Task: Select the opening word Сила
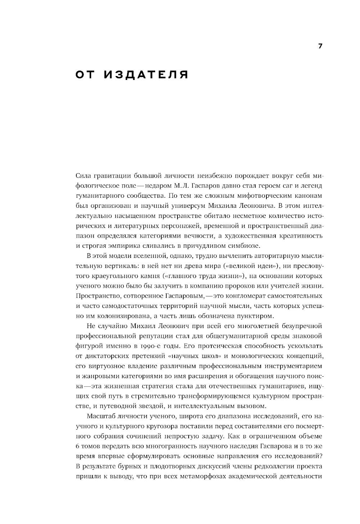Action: [x=84, y=176]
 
